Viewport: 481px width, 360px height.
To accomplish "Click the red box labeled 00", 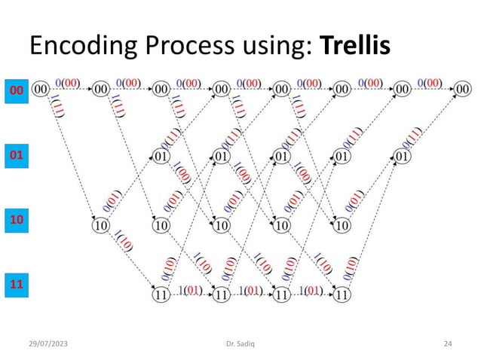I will pyautogui.click(x=15, y=91).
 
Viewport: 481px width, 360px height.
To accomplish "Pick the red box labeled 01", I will pyautogui.click(x=15, y=156).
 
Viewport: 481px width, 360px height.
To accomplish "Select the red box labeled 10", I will pyautogui.click(x=15, y=219).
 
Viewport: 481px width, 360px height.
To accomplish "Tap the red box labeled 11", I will pyautogui.click(x=15, y=285).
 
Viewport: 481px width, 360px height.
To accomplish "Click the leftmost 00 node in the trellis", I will pyautogui.click(x=41, y=90).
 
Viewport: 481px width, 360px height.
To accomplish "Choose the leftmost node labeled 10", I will pyautogui.click(x=100, y=225).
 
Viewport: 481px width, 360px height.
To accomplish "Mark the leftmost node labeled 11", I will pyautogui.click(x=161, y=294).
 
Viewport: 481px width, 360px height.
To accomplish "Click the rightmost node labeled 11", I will pyautogui.click(x=342, y=294).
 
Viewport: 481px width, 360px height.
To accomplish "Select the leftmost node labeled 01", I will pyautogui.click(x=161, y=157).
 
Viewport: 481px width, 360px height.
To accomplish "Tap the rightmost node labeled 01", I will pyautogui.click(x=403, y=157).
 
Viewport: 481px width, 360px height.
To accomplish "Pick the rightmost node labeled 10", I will pyautogui.click(x=342, y=225).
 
